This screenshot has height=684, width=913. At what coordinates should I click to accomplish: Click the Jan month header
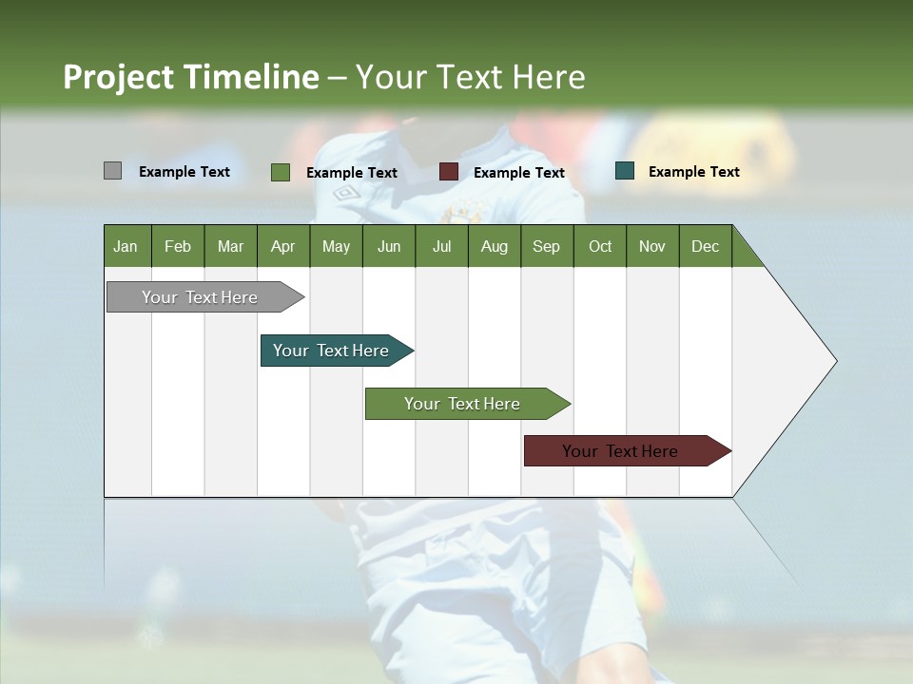tap(126, 246)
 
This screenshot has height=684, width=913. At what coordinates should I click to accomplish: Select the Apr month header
tap(283, 246)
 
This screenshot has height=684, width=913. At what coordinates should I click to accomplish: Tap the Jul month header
tap(441, 246)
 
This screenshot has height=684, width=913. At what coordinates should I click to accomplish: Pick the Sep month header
tap(546, 246)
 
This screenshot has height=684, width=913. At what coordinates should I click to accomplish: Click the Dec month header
tap(705, 246)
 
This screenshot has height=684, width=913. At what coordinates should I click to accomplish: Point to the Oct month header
tap(600, 246)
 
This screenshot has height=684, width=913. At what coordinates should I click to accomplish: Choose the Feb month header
tap(178, 246)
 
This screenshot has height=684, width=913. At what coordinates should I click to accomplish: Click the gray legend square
tap(112, 171)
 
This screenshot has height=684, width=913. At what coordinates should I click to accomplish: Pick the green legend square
tap(281, 172)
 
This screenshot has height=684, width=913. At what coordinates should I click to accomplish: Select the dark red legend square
tap(449, 172)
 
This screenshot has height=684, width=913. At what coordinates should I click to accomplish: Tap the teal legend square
tap(625, 171)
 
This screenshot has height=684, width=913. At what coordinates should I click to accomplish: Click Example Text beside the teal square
tap(693, 172)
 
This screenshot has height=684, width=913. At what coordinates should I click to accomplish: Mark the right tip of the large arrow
tap(835, 361)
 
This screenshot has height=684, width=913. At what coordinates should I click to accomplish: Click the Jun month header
tap(389, 246)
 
